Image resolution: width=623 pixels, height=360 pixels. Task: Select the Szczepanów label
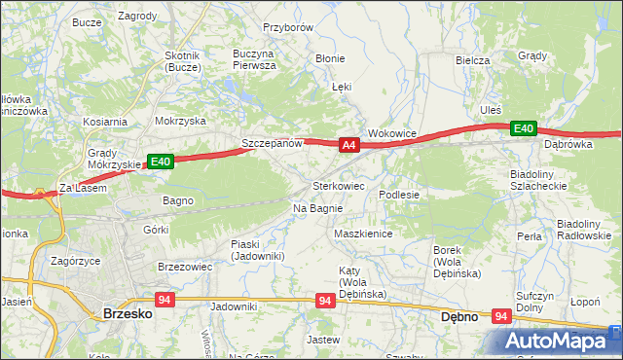[273, 144]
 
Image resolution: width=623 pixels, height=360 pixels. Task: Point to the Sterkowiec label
[339, 185]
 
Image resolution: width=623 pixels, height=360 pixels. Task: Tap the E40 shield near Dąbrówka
[524, 128]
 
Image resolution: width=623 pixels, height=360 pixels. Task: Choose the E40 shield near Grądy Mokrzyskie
[161, 162]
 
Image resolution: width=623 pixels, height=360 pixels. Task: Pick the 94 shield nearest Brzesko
[164, 301]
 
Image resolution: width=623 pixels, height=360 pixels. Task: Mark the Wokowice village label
[392, 133]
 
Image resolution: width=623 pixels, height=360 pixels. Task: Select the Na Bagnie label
[317, 208]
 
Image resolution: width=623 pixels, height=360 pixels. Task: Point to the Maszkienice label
[362, 234]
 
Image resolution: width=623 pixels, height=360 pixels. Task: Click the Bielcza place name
[472, 60]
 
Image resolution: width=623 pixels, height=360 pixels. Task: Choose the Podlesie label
[399, 195]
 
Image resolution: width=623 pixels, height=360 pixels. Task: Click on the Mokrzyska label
[180, 122]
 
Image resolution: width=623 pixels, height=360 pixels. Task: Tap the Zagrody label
[137, 17]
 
